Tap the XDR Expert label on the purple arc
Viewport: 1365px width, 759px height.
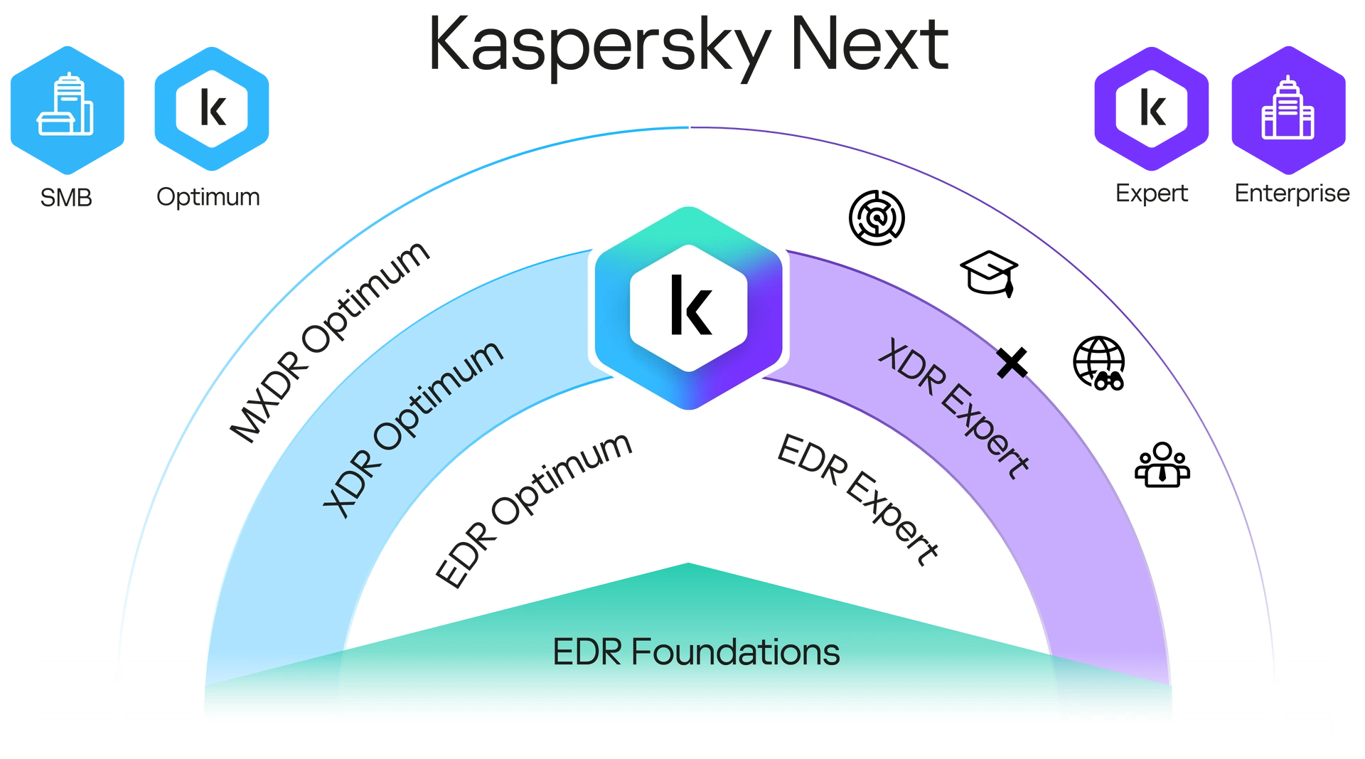(953, 408)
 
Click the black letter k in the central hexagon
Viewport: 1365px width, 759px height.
(690, 307)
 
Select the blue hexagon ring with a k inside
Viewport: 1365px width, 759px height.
(212, 108)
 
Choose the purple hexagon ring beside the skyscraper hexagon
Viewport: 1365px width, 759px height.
(1151, 108)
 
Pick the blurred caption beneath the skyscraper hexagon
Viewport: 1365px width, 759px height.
(1292, 194)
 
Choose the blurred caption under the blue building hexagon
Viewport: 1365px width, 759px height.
(66, 196)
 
